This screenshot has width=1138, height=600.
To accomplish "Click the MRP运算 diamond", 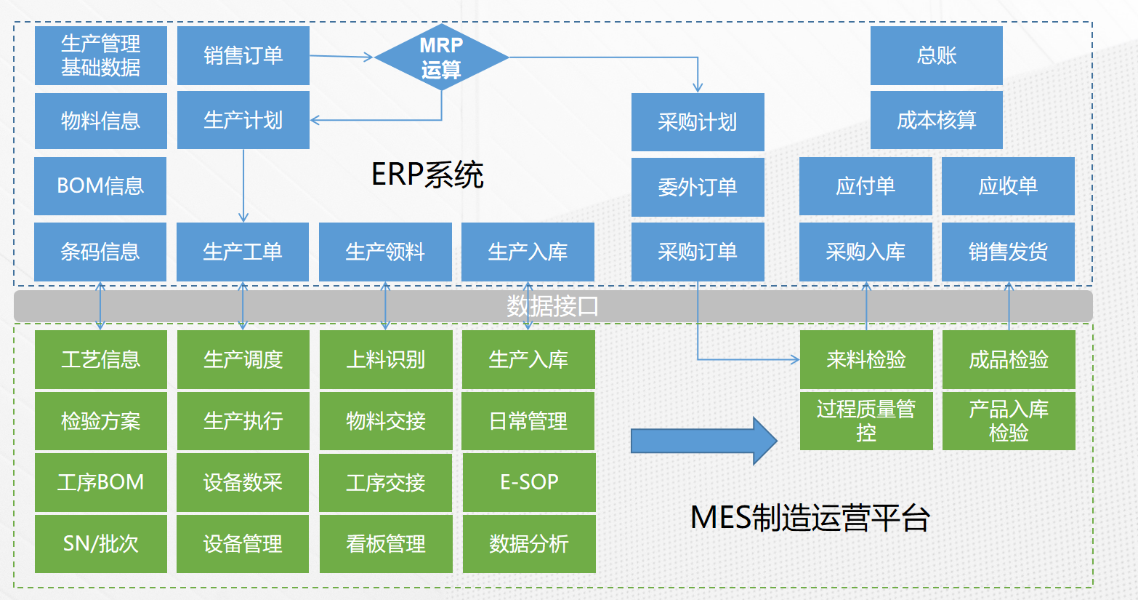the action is [x=442, y=57].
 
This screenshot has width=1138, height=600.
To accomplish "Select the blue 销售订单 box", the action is [x=243, y=55].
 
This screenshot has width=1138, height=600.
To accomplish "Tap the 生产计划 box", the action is [x=243, y=120].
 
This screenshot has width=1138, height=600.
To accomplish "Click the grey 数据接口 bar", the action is [x=553, y=305].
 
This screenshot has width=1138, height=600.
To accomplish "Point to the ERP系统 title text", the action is [x=427, y=175].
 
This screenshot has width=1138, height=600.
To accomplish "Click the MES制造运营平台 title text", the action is [x=810, y=518].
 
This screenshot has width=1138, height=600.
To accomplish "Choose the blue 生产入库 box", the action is [x=528, y=252].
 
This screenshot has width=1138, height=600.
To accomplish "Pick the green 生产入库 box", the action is [x=528, y=359].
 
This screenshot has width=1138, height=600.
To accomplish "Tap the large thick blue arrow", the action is [x=704, y=441].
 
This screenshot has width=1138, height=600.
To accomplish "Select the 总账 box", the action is [x=936, y=55].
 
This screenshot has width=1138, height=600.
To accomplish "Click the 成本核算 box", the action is [x=936, y=120].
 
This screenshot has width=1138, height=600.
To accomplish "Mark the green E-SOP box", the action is [x=529, y=482].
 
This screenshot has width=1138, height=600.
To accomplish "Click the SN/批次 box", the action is [x=100, y=544].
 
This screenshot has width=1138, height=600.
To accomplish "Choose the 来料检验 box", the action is [x=866, y=359].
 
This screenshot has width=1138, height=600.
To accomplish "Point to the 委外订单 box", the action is [x=698, y=187].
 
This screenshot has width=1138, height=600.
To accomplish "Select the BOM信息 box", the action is [x=100, y=186].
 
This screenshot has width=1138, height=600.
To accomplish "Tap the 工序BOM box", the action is [x=100, y=482].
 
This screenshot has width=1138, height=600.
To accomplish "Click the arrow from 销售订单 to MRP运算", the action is [x=342, y=57].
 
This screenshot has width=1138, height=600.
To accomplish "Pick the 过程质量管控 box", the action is [x=866, y=421].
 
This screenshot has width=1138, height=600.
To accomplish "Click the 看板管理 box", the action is [x=386, y=544].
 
